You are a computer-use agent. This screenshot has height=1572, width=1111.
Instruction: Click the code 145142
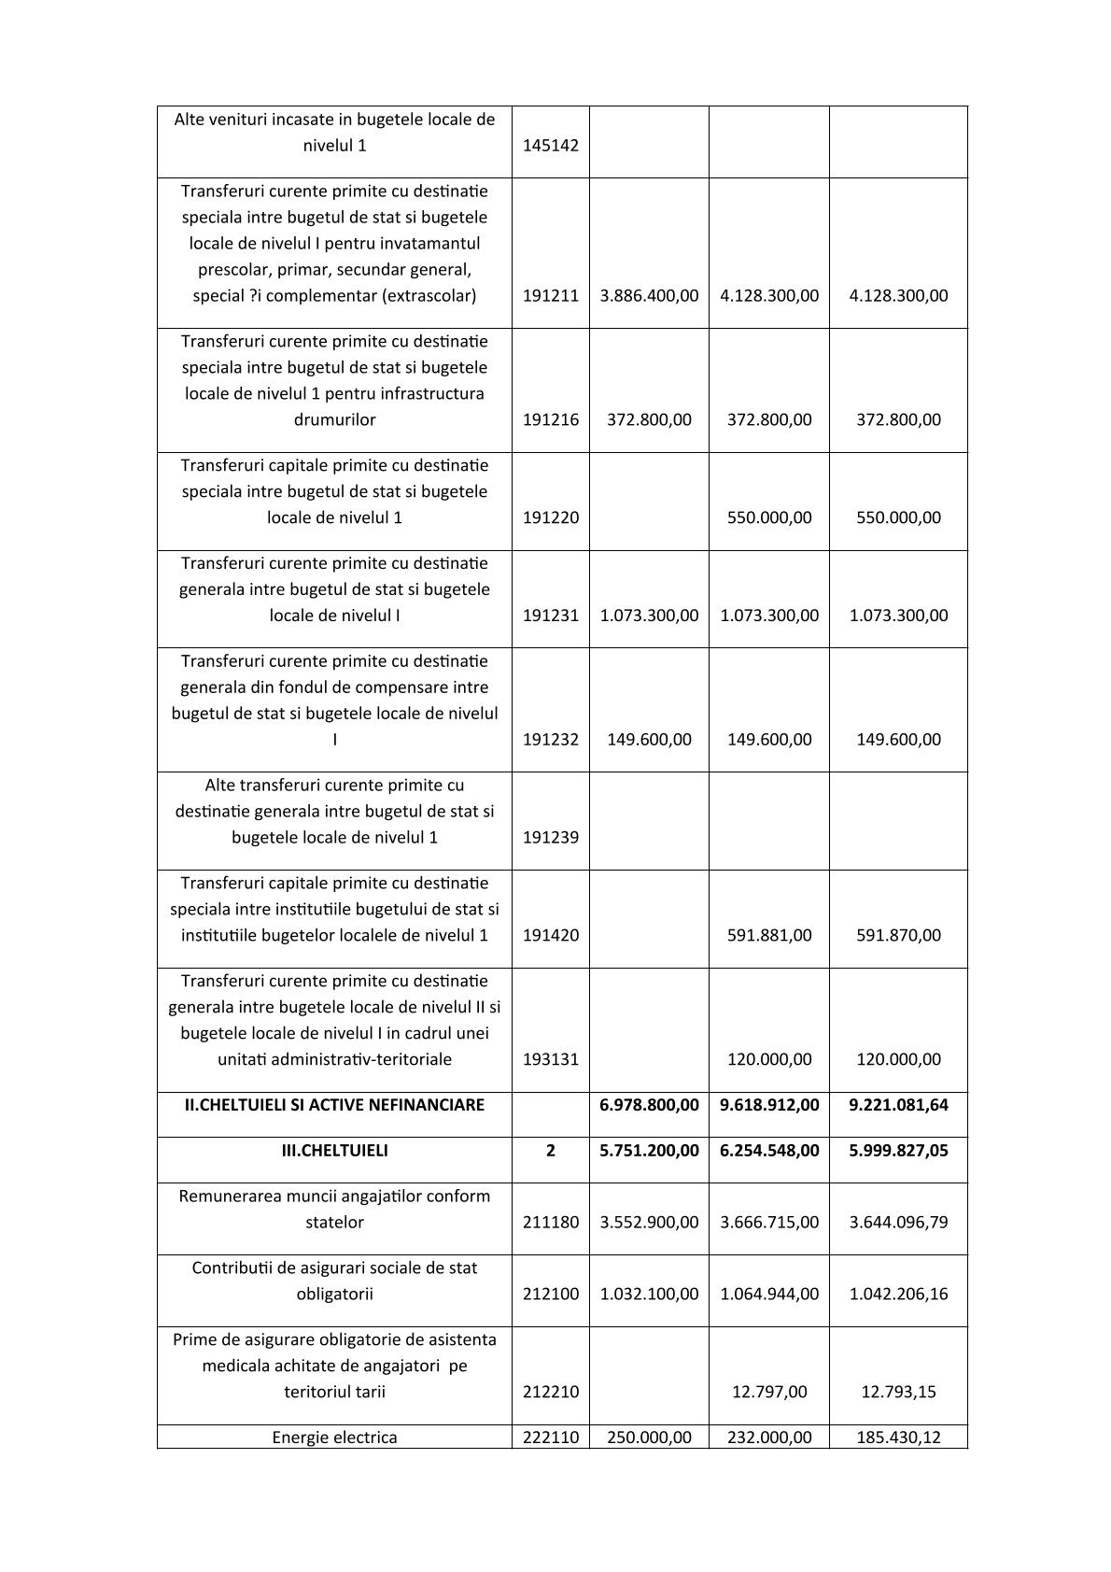550,146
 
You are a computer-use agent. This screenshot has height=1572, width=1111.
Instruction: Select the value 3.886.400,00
649,296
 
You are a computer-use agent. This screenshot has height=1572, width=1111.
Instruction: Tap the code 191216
550,420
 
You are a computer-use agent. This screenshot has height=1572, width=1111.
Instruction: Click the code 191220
550,517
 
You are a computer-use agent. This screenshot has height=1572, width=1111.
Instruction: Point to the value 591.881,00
769,935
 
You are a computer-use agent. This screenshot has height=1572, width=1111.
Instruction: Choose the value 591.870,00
898,935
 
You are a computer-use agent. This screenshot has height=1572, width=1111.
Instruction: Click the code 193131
550,1059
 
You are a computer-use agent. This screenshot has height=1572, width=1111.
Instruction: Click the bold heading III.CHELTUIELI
334,1151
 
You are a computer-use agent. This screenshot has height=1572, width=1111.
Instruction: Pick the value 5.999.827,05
898,1151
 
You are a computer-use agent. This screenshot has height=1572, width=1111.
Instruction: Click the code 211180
550,1222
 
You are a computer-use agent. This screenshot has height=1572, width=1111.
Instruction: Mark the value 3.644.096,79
898,1222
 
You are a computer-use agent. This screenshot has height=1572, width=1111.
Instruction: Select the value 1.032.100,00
649,1295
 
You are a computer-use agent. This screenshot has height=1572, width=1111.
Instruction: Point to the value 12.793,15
898,1392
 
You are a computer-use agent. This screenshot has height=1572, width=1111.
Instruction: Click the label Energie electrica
334,1437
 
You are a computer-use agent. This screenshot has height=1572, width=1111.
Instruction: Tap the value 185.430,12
898,1437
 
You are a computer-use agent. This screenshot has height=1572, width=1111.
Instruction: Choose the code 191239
550,838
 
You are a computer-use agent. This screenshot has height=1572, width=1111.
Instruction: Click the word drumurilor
334,420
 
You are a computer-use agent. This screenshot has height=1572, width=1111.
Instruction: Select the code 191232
550,740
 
